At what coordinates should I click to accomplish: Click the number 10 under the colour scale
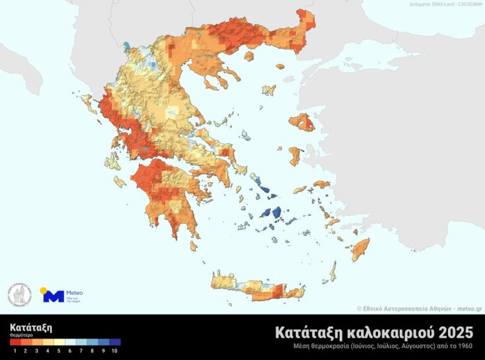(x=114, y=351)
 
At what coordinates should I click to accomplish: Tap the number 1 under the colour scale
(x=15, y=351)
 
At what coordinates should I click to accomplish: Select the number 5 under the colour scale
(x=59, y=351)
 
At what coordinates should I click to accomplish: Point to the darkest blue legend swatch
(x=115, y=342)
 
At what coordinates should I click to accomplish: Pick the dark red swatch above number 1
(x=15, y=342)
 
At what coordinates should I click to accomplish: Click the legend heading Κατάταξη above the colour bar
(x=30, y=327)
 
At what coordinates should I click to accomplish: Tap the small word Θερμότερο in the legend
(x=21, y=336)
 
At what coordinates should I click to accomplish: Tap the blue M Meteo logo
(x=53, y=296)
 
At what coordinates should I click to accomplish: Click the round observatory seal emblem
(x=20, y=295)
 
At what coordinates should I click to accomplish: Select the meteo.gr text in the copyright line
(x=469, y=308)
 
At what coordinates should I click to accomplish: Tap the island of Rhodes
(x=360, y=250)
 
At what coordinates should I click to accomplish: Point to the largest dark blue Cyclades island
(x=270, y=213)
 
